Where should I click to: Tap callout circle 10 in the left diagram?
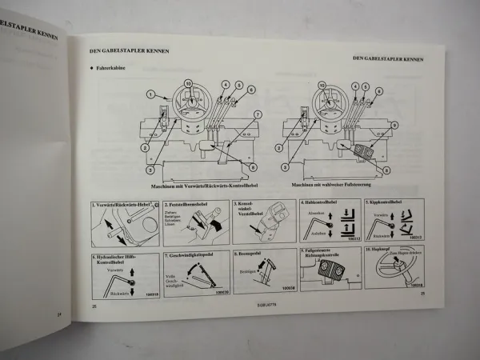pos(188,83)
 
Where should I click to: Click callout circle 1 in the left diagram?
pos(150,94)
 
